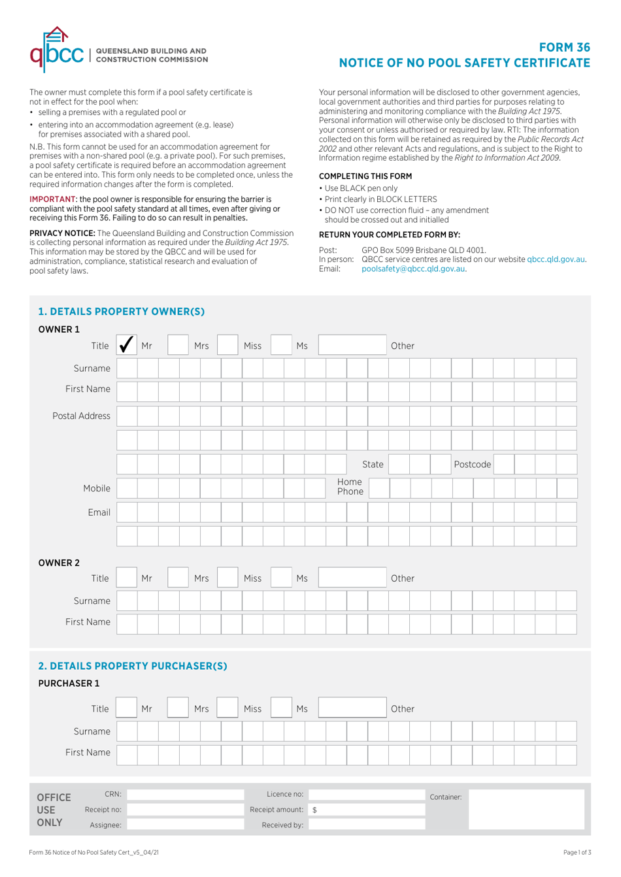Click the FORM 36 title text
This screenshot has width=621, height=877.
click(564, 48)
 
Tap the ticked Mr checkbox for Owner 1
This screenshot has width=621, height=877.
click(127, 345)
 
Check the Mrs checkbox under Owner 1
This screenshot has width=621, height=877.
click(178, 345)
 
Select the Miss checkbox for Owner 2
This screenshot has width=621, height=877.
click(227, 578)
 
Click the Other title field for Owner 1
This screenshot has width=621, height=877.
click(352, 345)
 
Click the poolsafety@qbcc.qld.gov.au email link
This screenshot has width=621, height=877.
click(413, 269)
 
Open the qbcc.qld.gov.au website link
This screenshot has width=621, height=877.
click(556, 259)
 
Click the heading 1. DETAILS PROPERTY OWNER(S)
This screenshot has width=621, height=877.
click(122, 312)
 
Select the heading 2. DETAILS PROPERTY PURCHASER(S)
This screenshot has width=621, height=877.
click(133, 666)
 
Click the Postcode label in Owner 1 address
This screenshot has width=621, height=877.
click(472, 465)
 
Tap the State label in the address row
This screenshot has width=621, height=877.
click(373, 465)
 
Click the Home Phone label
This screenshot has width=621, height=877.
click(350, 487)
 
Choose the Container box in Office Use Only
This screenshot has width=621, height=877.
click(526, 810)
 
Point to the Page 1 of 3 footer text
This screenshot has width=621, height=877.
click(577, 852)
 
